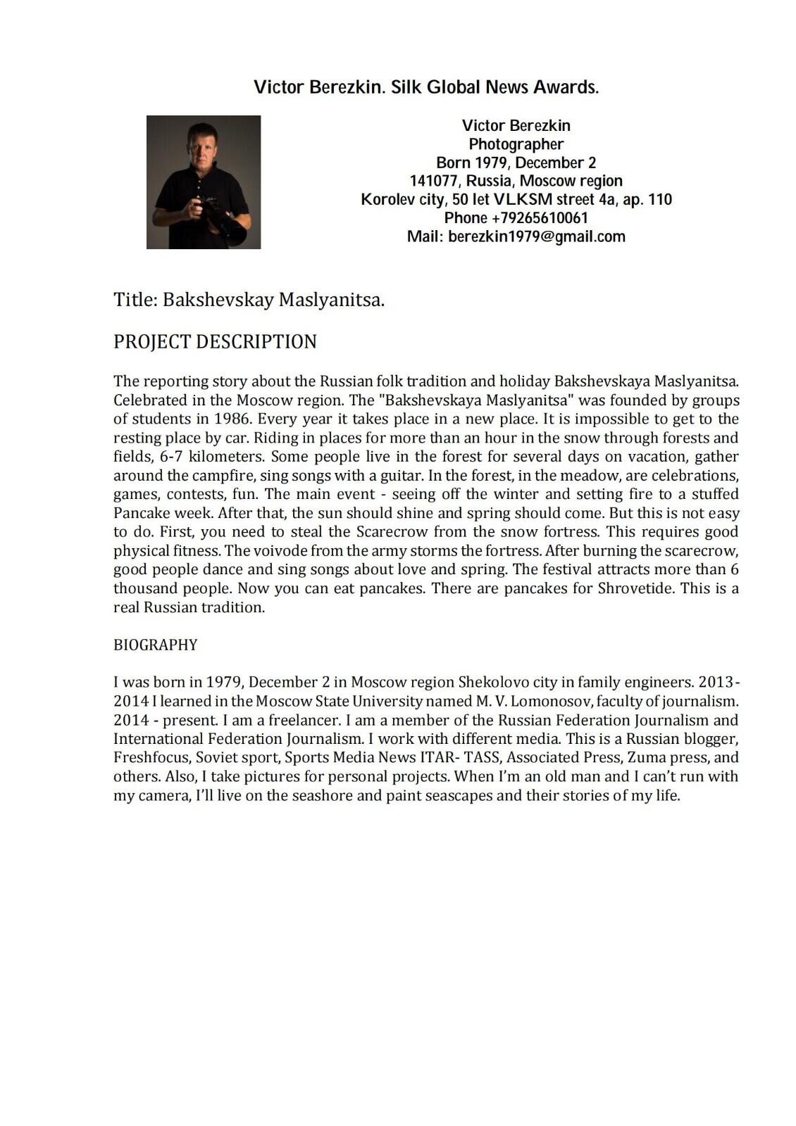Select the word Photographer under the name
tap(516, 144)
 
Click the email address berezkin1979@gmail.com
tap(537, 236)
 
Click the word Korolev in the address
tap(385, 199)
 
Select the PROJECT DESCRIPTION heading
tap(215, 342)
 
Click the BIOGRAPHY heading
tap(156, 645)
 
